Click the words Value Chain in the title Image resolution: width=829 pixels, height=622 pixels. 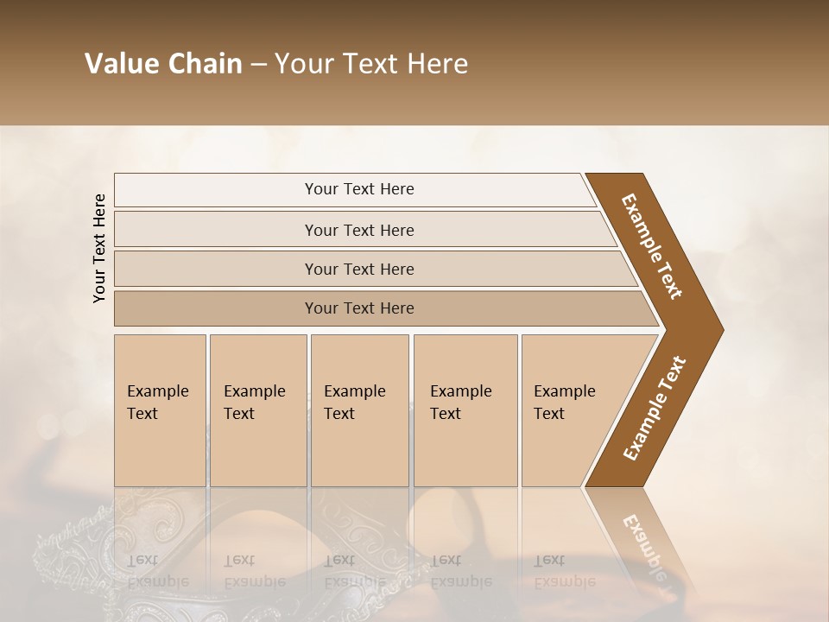click(163, 64)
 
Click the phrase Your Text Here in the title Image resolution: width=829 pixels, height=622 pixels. click(371, 64)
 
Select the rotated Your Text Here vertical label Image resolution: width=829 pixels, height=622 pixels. click(99, 248)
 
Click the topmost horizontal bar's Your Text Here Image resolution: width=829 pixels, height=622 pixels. click(359, 189)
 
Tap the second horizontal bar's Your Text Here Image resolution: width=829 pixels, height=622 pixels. click(359, 230)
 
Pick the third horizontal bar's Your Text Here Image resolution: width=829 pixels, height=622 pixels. click(359, 269)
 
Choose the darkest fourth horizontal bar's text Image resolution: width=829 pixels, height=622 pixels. click(359, 308)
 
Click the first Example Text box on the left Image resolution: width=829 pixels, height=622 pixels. click(158, 403)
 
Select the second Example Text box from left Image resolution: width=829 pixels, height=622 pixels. click(255, 403)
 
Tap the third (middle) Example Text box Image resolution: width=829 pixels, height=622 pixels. click(355, 403)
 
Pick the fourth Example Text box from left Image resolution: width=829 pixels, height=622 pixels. click(461, 403)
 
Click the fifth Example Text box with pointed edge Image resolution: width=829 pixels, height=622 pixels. click(565, 403)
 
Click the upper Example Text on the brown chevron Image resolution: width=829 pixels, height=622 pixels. click(653, 246)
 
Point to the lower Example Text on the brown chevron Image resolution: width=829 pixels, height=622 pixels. click(655, 409)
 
